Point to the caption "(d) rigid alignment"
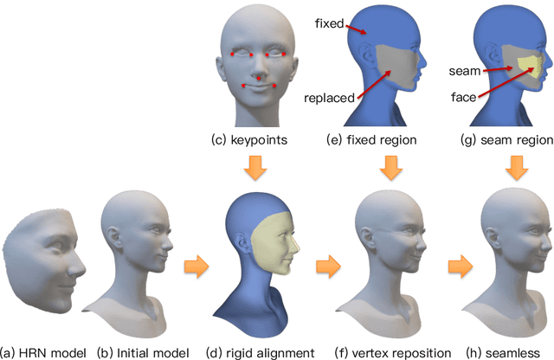coord(258,351)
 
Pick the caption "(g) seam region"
coord(507,139)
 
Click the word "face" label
coord(464,97)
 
